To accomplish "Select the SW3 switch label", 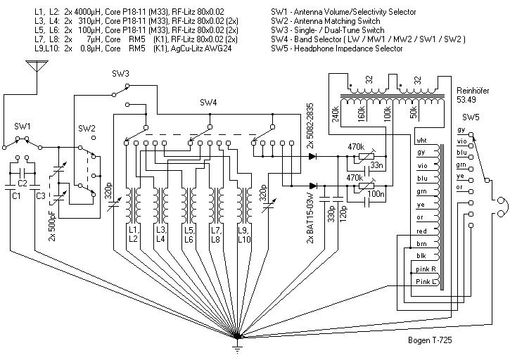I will [120, 74].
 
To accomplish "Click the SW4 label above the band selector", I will [209, 103].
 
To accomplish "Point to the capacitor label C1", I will [16, 195].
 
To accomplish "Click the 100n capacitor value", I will [381, 193].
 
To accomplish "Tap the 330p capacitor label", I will [330, 210].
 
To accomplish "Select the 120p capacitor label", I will [345, 210].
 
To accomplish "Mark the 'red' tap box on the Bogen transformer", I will [421, 230].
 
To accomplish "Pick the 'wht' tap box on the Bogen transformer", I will [421, 139].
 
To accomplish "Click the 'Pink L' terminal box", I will [423, 282].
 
